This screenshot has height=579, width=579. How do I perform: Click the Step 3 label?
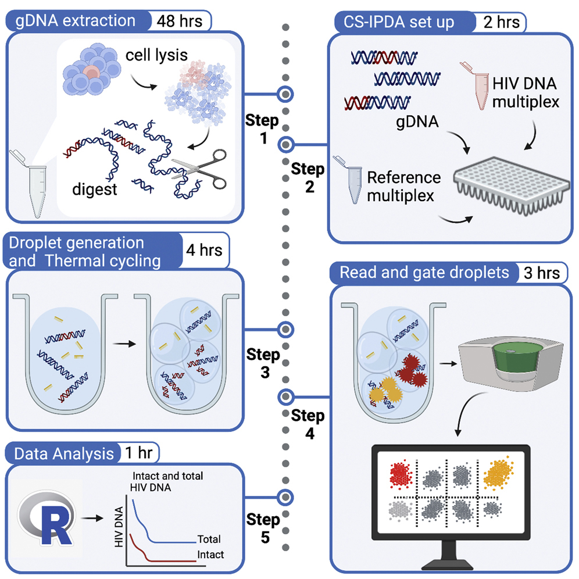point(263,363)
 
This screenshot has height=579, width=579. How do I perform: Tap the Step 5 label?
point(262,527)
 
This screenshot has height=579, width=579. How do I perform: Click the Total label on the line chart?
point(209,539)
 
